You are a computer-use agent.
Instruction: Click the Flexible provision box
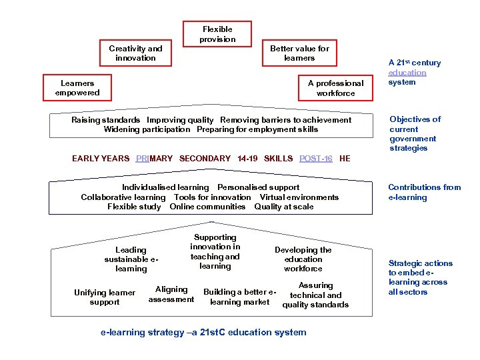217,34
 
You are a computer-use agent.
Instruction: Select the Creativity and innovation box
136,53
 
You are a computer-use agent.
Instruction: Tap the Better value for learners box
299,53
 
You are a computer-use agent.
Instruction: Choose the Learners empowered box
77,88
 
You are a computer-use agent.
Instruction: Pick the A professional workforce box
335,88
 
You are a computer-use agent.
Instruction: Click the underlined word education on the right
407,73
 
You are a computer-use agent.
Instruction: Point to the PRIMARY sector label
154,159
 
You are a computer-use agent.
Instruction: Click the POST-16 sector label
316,159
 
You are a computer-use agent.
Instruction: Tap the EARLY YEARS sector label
101,159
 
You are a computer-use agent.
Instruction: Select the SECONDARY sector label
205,159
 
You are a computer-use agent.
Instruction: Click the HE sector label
345,159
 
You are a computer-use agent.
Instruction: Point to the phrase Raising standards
106,120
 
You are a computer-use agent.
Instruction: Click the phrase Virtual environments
299,197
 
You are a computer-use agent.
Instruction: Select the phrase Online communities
207,207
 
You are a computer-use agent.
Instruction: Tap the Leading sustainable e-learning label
131,259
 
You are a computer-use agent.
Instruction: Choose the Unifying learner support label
105,297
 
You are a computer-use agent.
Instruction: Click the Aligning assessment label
171,294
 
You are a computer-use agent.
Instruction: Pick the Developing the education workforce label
303,259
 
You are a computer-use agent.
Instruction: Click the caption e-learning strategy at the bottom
203,332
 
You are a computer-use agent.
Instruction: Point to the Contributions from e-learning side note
424,192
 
